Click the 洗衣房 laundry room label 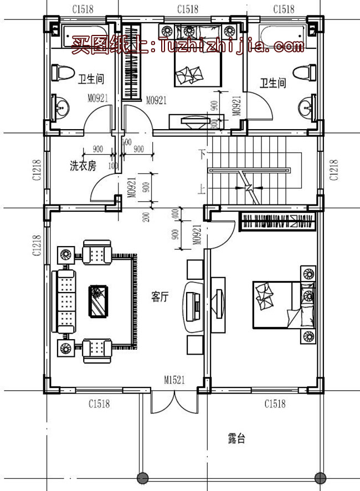click(x=83, y=165)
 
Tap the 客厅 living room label click(x=160, y=297)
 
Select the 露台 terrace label click(x=236, y=439)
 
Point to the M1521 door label click(x=174, y=380)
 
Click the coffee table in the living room click(x=98, y=301)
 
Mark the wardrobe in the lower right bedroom click(x=277, y=222)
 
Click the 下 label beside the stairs click(x=202, y=152)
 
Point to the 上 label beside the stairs click(x=202, y=189)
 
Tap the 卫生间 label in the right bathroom click(x=273, y=83)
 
